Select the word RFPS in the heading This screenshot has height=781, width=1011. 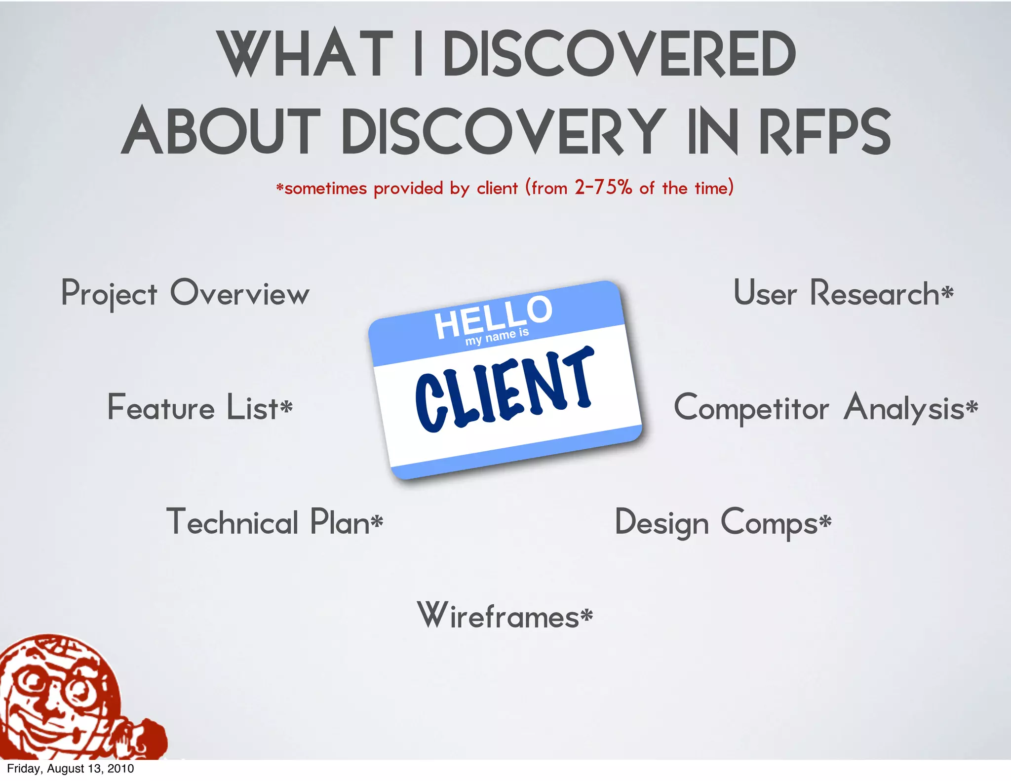coord(825,131)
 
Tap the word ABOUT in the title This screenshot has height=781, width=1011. coord(221,131)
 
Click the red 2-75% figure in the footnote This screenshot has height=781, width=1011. coord(603,188)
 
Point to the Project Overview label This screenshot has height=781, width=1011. coord(185,293)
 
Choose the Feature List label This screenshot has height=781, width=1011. coord(200,408)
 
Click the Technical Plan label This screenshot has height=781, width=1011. coord(274,522)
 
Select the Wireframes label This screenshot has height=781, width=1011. coord(505,616)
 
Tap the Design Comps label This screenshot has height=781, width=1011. coord(723,522)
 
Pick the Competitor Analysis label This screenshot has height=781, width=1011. coord(825,408)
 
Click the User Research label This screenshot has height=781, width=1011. coord(843,293)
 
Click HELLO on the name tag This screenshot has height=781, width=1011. coord(493,317)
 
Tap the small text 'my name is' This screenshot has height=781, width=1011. coord(497,337)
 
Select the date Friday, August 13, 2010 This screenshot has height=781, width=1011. coord(71,769)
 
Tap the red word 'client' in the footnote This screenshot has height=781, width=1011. coord(497,188)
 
